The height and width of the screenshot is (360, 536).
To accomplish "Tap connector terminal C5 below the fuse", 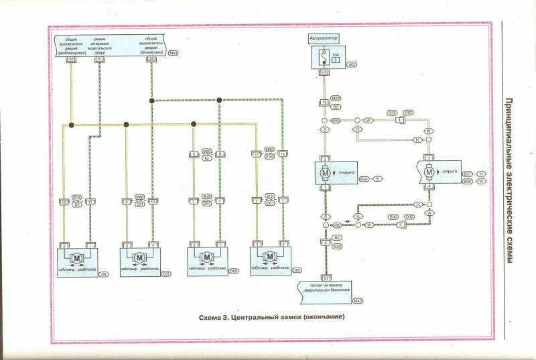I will (x=324, y=70).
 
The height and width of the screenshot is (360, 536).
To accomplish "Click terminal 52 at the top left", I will (x=71, y=60).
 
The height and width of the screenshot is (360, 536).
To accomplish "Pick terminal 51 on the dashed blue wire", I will (x=100, y=60).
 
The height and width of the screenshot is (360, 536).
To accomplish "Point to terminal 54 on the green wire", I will (x=152, y=60).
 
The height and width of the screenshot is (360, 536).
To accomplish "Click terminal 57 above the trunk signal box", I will (x=326, y=278).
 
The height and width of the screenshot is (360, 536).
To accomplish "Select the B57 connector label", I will (x=468, y=174).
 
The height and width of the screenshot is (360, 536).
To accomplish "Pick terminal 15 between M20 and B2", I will (x=325, y=102).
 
